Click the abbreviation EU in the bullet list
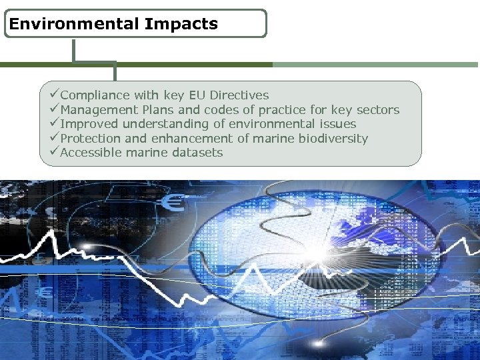click(197, 95)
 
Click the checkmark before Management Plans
click(55, 109)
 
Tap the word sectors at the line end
click(377, 110)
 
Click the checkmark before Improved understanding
click(55, 124)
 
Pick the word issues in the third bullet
click(338, 124)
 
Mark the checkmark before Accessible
click(55, 153)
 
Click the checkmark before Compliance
click(55, 95)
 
